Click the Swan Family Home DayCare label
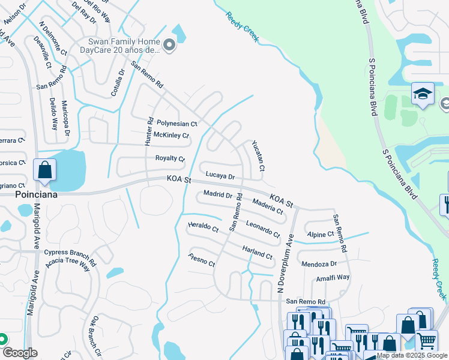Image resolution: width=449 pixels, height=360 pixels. coord(124,46)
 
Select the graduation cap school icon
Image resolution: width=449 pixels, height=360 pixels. coord(423,94)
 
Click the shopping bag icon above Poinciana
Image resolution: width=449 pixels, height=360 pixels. coord(45,170)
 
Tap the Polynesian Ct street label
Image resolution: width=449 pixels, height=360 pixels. coord(177,124)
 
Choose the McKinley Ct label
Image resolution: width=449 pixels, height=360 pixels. coord(171,135)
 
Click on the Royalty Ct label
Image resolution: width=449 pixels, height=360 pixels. coord(170,158)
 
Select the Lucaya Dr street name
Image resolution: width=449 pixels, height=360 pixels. coord(220,176)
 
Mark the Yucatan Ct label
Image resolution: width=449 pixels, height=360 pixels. coord(258,156)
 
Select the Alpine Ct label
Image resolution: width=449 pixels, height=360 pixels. coord(320,235)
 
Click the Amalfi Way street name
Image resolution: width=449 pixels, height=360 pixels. coord(333,278)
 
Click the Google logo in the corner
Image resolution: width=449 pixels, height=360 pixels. coord(20,353)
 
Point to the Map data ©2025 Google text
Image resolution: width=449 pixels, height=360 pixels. coord(412,355)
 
